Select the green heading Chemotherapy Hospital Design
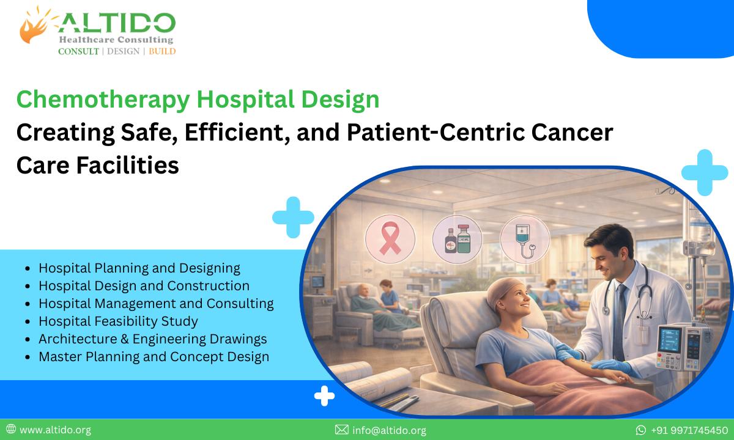tap(198, 100)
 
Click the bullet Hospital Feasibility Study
tap(118, 321)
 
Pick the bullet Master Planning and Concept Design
tap(154, 356)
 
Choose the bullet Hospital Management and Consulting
tap(156, 303)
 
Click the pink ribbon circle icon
tap(390, 239)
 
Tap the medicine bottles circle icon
tap(457, 239)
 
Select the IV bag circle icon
tap(524, 239)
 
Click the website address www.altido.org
tap(55, 430)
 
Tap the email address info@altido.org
tap(389, 430)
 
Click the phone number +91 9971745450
tap(689, 430)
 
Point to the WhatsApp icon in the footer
tap(641, 430)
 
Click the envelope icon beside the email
tap(342, 430)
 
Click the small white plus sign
tap(324, 396)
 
